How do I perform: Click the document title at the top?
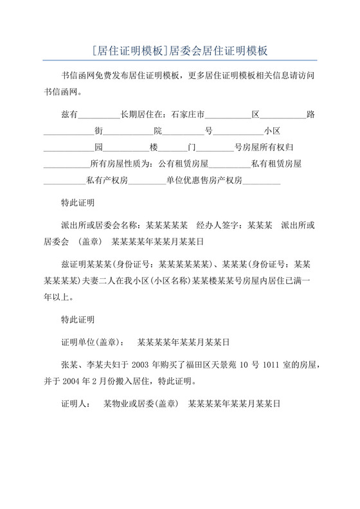coord(179,49)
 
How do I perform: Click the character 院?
coord(157,131)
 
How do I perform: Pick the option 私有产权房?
coord(107,181)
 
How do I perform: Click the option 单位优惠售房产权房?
coord(204,181)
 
